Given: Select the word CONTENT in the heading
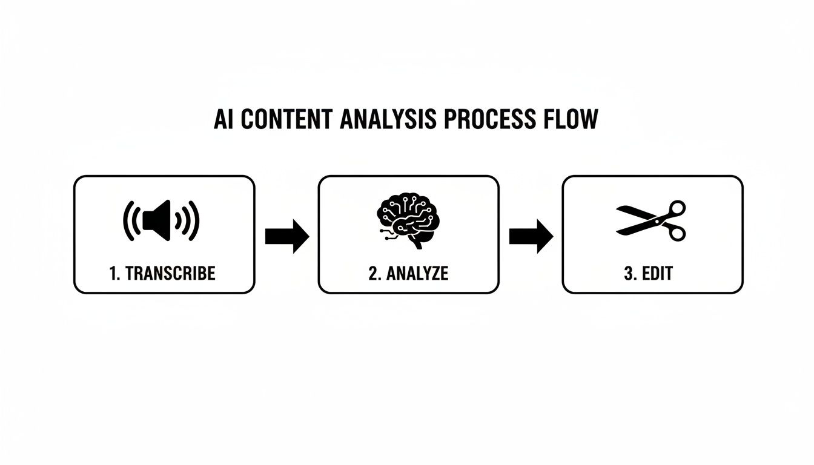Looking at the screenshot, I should click(286, 119).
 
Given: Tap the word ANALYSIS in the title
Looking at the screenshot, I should click(388, 119).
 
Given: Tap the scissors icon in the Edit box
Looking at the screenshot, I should click(652, 219).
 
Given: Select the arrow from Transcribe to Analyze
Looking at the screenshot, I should click(286, 236).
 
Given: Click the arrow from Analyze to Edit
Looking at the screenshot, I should click(531, 236).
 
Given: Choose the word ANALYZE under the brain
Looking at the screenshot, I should click(417, 273).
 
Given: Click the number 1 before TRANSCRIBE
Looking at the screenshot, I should click(113, 273).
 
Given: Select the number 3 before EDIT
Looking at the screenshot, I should click(628, 273).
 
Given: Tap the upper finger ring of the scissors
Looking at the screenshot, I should click(677, 208).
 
